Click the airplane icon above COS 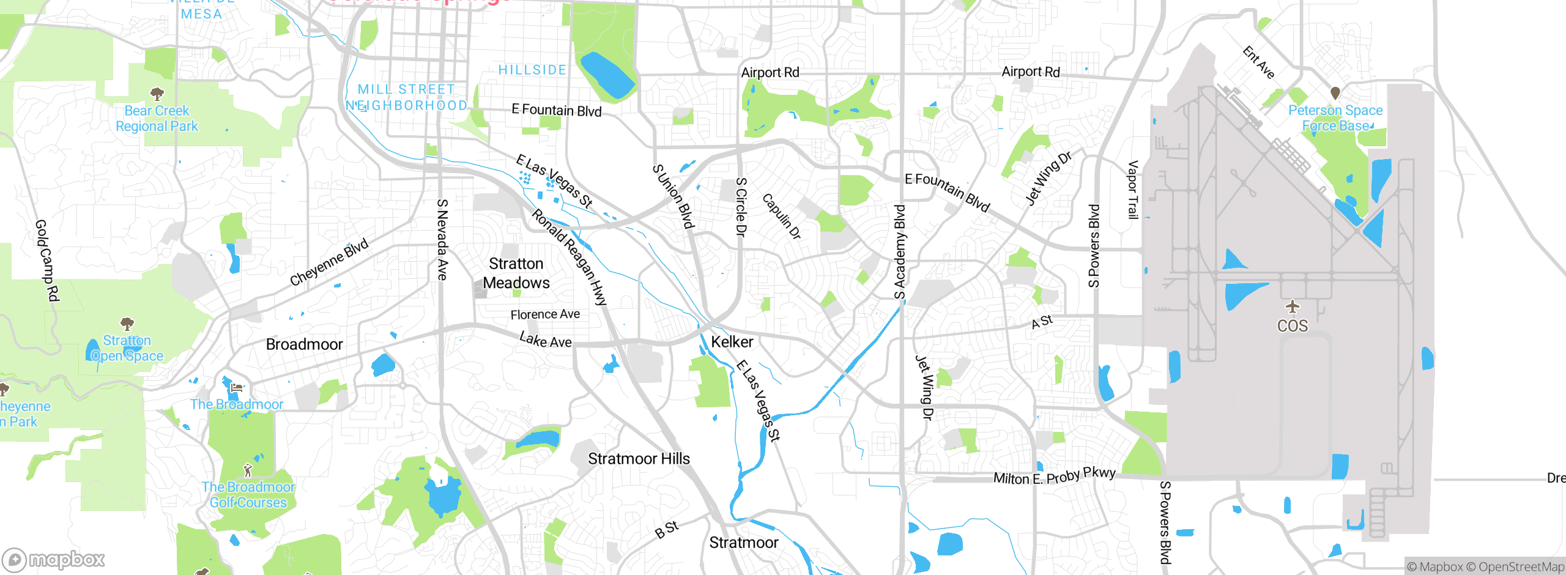pos(1292,306)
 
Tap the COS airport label pos(1292,325)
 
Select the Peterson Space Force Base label pos(1335,118)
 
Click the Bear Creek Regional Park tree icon pos(157,94)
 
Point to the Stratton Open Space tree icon pos(127,323)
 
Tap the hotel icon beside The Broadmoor pos(237,387)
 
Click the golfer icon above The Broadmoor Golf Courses pos(248,470)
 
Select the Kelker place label pos(732,342)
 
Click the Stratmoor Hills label pos(639,459)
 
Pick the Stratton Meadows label pos(516,273)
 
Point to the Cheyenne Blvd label pos(329,262)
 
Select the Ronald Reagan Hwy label pos(570,257)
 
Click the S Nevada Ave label pos(442,239)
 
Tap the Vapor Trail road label pos(1132,190)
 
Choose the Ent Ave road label pos(1258,62)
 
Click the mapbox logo pos(54,559)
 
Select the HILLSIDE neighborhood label pos(532,70)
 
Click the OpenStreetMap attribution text pos(1521,567)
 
